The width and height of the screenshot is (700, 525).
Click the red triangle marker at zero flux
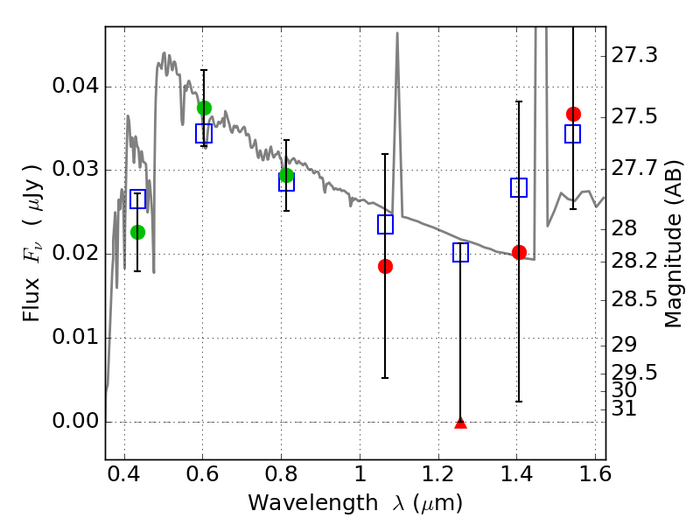pyautogui.click(x=461, y=423)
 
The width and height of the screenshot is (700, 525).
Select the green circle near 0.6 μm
pyautogui.click(x=204, y=108)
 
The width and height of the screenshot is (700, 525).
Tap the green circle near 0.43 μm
pyautogui.click(x=138, y=232)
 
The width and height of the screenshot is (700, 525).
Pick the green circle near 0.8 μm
pyautogui.click(x=287, y=176)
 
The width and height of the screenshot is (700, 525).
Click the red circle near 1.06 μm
pyautogui.click(x=385, y=267)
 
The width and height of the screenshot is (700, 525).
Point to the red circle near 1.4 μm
pyautogui.click(x=519, y=252)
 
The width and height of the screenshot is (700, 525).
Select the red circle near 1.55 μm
pyautogui.click(x=573, y=115)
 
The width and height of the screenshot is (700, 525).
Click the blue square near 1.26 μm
pyautogui.click(x=461, y=253)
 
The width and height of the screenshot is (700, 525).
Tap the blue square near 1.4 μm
pyautogui.click(x=519, y=187)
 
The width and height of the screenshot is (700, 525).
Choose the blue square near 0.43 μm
pyautogui.click(x=138, y=199)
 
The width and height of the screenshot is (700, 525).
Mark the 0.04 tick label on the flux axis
pyautogui.click(x=75, y=85)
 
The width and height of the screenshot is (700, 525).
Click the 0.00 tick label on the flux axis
pyautogui.click(x=75, y=421)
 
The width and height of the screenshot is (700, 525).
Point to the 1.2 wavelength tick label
pyautogui.click(x=438, y=474)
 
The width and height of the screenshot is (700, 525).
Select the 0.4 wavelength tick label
pyautogui.click(x=124, y=474)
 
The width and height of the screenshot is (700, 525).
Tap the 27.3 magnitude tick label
pyautogui.click(x=633, y=55)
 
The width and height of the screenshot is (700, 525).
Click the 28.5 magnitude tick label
pyautogui.click(x=633, y=299)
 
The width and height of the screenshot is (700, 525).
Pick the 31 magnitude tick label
pyautogui.click(x=624, y=409)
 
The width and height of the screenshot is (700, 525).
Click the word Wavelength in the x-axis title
pyautogui.click(x=313, y=503)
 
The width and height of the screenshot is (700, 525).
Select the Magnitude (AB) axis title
pyautogui.click(x=673, y=244)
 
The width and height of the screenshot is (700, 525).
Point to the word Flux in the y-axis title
pyautogui.click(x=31, y=299)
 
